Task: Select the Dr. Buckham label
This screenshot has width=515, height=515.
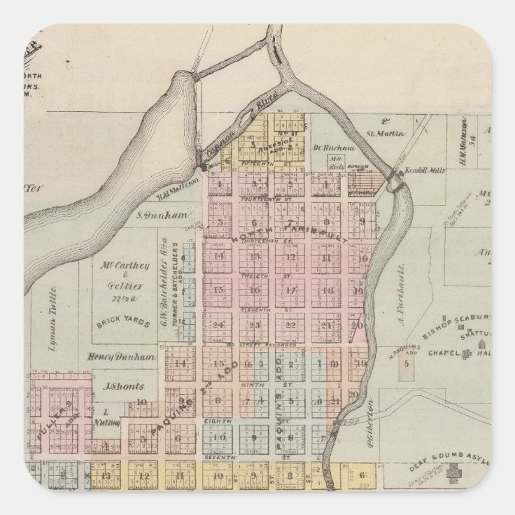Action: coord(341,148)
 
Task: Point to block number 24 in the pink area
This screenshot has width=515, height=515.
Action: coord(220,324)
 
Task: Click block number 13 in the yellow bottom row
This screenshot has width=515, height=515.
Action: coord(106,477)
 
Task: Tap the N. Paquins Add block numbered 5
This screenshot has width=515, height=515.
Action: coord(404,363)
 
